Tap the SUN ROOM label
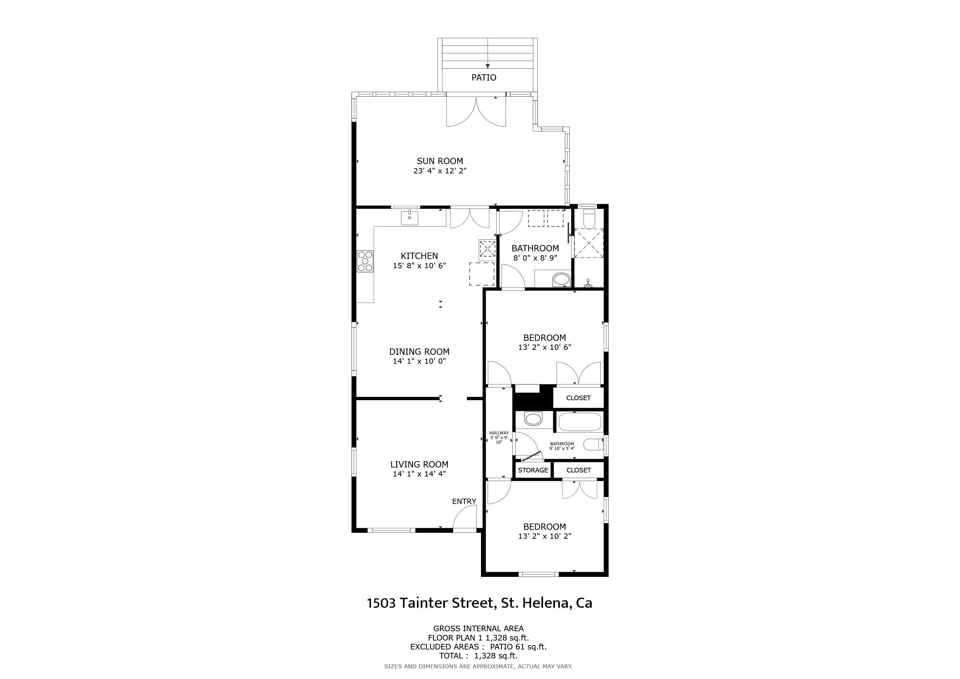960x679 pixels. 440,161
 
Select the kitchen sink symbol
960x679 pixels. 409,218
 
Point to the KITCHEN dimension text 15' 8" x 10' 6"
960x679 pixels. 419,266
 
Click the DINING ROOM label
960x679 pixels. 419,352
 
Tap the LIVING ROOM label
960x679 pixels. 419,464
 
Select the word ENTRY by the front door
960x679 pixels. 464,501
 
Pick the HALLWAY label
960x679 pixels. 499,433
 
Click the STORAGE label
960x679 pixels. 533,470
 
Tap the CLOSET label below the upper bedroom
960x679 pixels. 578,398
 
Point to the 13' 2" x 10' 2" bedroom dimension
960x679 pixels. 544,536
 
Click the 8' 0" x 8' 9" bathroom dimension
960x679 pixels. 535,258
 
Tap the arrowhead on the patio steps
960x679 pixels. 488,66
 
